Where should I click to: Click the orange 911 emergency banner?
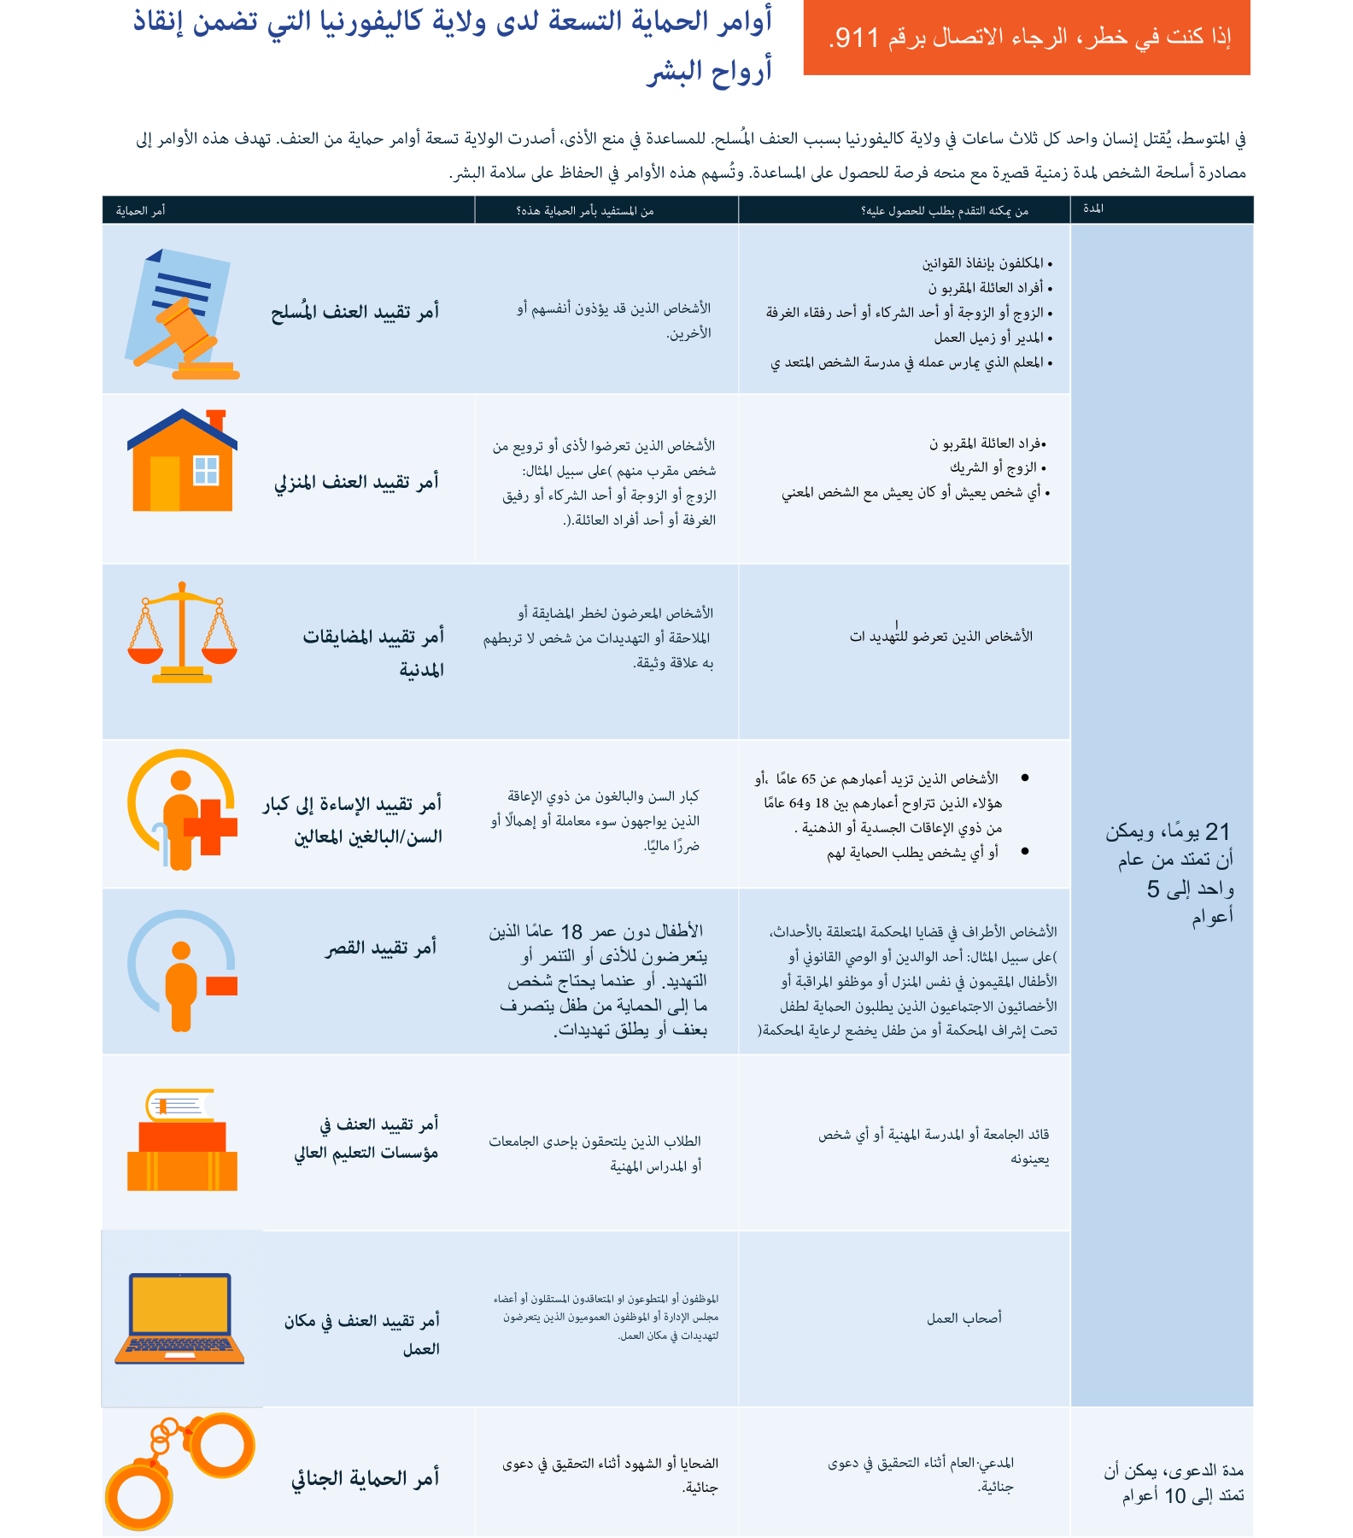pyautogui.click(x=1027, y=38)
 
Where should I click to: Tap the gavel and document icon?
pyautogui.click(x=182, y=314)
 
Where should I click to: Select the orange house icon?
pyautogui.click(x=182, y=461)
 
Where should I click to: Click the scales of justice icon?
pyautogui.click(x=182, y=633)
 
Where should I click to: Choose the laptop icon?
pyautogui.click(x=180, y=1317)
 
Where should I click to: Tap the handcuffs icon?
pyautogui.click(x=180, y=1470)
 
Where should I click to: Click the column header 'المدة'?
pyautogui.click(x=1093, y=209)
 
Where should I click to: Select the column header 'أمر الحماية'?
pyautogui.click(x=140, y=211)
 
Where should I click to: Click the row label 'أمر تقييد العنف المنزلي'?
pyautogui.click(x=356, y=483)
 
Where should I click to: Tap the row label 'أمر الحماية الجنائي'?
pyautogui.click(x=366, y=1478)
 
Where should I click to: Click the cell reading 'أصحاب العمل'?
pyautogui.click(x=964, y=1318)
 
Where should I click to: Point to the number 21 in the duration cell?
pyautogui.click(x=1217, y=831)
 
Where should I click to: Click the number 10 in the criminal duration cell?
pyautogui.click(x=1175, y=1496)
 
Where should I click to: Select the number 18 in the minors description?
pyautogui.click(x=571, y=931)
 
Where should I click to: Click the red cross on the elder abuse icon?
pyautogui.click(x=211, y=826)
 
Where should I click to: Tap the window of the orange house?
pyautogui.click(x=207, y=470)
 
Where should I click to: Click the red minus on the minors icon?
pyautogui.click(x=221, y=985)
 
